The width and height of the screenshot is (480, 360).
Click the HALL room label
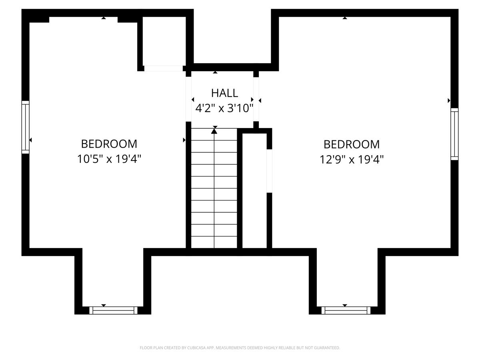[224, 93]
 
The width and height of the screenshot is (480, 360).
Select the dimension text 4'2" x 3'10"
[224, 108]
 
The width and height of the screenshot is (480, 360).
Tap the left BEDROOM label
[109, 144]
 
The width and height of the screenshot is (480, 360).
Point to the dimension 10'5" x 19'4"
[109, 159]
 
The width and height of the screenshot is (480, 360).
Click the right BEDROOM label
[352, 144]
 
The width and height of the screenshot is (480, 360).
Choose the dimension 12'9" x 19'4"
[352, 160]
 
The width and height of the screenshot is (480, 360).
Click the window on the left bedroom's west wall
[25, 127]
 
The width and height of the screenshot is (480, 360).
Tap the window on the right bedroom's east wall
[454, 134]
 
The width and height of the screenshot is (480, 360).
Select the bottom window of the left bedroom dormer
[113, 310]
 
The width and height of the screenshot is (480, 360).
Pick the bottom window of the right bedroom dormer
[346, 310]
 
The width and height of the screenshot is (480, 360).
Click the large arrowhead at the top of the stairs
[214, 131]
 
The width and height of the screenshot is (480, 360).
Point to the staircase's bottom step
[214, 242]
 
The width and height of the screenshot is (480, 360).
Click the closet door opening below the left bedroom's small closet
[163, 68]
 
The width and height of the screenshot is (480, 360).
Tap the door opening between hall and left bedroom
[188, 99]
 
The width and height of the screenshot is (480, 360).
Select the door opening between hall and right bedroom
[256, 99]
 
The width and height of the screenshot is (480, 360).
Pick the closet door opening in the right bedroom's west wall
[269, 171]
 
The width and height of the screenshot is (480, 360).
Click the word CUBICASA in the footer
[196, 348]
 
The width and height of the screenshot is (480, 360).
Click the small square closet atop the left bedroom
[164, 41]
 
